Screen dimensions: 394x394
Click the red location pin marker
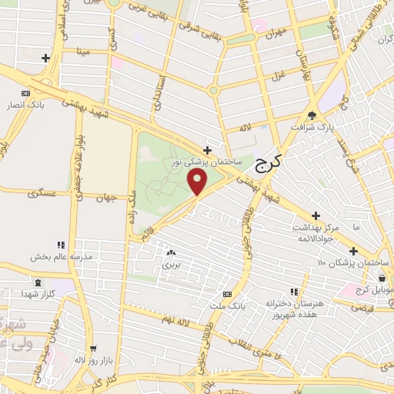[198, 182]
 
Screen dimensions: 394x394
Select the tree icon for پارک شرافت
[312, 110]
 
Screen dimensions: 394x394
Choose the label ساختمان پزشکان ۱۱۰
[353, 264]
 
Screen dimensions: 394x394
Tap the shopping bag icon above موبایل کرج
[382, 278]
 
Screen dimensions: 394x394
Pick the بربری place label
[169, 264]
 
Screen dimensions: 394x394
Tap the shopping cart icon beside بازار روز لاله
[93, 349]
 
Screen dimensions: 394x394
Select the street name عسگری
[43, 195]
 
